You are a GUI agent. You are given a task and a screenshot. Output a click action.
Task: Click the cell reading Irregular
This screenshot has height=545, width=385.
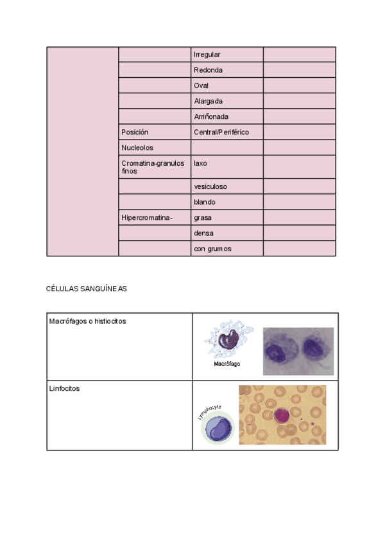coord(207,55)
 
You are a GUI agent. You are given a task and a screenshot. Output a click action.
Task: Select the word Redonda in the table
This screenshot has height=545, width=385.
coord(208,70)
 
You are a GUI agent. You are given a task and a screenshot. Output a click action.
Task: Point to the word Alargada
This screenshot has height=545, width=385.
coord(208,101)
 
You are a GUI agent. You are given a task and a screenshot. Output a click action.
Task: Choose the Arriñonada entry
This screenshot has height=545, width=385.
coord(211,116)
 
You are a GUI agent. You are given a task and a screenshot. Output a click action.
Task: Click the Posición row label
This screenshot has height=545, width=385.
coord(135,132)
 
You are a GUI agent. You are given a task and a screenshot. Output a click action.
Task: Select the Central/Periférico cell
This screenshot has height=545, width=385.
coord(221,132)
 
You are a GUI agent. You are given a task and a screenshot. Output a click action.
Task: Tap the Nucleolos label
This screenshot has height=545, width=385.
coord(137,148)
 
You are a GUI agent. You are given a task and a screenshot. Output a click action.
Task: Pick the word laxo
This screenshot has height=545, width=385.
coord(200,163)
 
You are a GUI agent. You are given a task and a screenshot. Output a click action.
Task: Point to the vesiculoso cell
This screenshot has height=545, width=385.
coord(210,186)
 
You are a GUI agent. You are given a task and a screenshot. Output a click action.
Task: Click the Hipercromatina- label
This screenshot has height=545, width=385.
coord(147,217)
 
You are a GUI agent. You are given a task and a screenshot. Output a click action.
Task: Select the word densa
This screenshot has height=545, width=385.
coord(203,233)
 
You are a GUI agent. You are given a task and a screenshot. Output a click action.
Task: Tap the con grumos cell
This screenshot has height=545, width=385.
coord(212,249)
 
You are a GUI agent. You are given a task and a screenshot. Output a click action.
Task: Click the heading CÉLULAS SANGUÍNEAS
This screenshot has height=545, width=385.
coord(86,289)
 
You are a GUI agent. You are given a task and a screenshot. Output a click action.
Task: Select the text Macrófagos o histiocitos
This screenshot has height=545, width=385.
coord(87,321)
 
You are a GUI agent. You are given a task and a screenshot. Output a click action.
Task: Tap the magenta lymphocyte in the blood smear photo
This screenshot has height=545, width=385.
coord(282,415)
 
